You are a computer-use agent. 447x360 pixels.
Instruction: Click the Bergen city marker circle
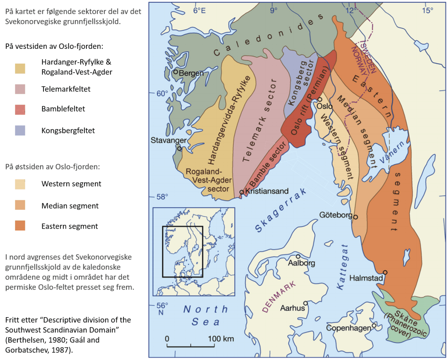[x=176, y=72]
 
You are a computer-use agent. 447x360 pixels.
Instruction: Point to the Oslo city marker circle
[x=320, y=99]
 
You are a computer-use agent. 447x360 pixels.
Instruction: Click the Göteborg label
[x=336, y=215]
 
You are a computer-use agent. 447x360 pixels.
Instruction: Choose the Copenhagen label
[x=348, y=328]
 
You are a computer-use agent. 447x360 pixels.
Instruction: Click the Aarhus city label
[x=292, y=308]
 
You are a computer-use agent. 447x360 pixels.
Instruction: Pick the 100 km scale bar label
[x=221, y=338]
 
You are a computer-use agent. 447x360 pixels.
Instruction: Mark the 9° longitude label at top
[x=274, y=10]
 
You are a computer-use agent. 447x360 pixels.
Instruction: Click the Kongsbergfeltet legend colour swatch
[x=25, y=131]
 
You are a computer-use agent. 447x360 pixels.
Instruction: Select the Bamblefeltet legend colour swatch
[x=25, y=109]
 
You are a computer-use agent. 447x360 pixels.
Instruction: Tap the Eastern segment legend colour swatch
[x=25, y=226]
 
